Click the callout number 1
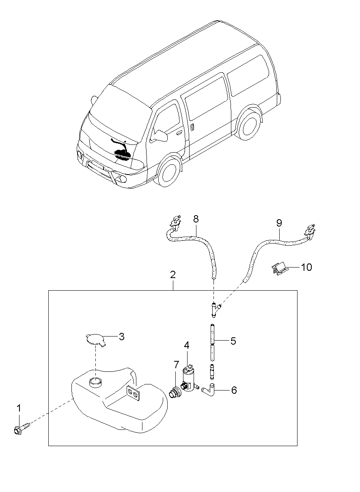[19, 408]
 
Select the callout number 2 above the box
[173, 275]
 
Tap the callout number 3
[121, 337]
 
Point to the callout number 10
[306, 268]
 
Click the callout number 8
[196, 219]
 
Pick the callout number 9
[279, 223]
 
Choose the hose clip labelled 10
[279, 269]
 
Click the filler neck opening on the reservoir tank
[95, 382]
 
